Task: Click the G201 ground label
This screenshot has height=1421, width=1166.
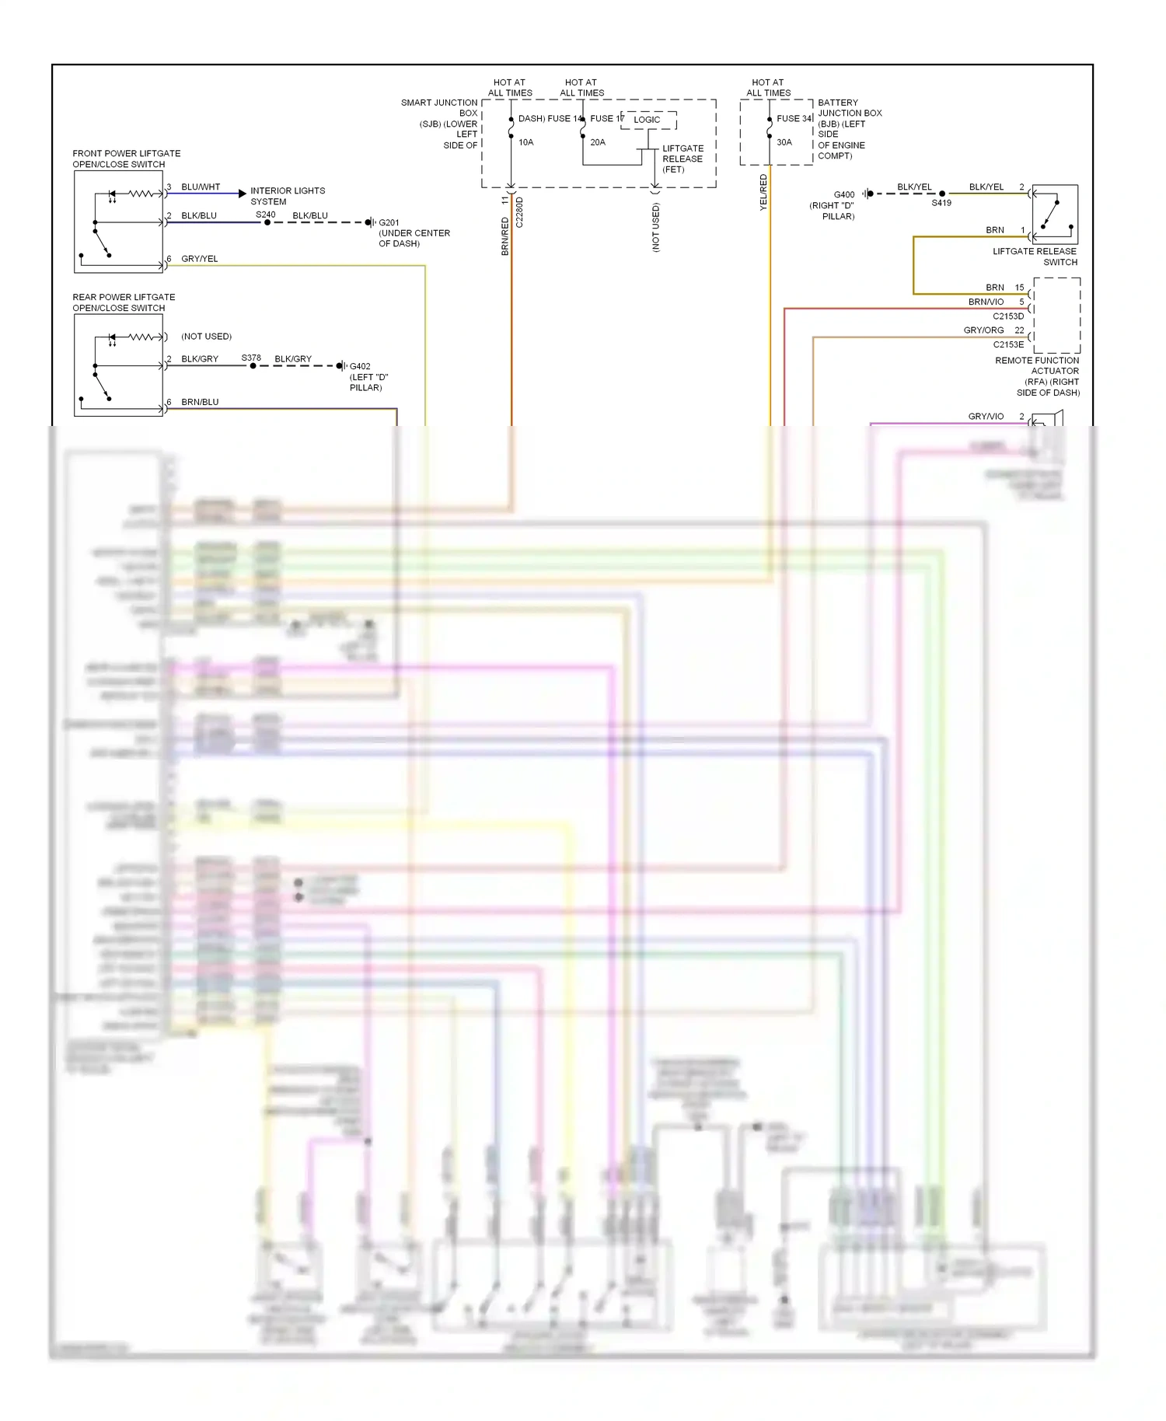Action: click(389, 222)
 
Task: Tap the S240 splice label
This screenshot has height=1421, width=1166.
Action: click(266, 215)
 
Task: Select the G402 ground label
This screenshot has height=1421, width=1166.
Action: click(360, 366)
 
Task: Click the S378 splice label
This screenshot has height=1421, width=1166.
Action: click(251, 358)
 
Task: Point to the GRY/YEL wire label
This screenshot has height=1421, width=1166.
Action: click(200, 259)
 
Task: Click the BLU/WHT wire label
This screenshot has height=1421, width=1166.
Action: click(201, 187)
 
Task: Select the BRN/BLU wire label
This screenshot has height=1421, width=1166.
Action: click(200, 402)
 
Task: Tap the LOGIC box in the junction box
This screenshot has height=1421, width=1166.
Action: click(647, 120)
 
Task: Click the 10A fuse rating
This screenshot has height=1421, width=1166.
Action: click(526, 142)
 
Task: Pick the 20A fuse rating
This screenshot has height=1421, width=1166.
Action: click(598, 142)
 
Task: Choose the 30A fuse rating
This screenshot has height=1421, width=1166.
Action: click(784, 142)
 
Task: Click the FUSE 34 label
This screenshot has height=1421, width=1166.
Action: click(794, 119)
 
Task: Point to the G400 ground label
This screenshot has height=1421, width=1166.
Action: click(844, 195)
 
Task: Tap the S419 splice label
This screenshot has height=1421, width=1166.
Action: click(941, 203)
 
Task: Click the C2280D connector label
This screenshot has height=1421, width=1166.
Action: click(520, 212)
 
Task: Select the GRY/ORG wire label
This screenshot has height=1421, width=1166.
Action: click(983, 330)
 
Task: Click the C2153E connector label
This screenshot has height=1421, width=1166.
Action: click(1008, 344)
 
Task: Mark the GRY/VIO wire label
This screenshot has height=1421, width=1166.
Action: click(986, 417)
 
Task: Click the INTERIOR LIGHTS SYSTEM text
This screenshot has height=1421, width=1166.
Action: click(288, 196)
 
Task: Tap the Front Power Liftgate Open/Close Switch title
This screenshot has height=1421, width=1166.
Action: click(126, 159)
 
